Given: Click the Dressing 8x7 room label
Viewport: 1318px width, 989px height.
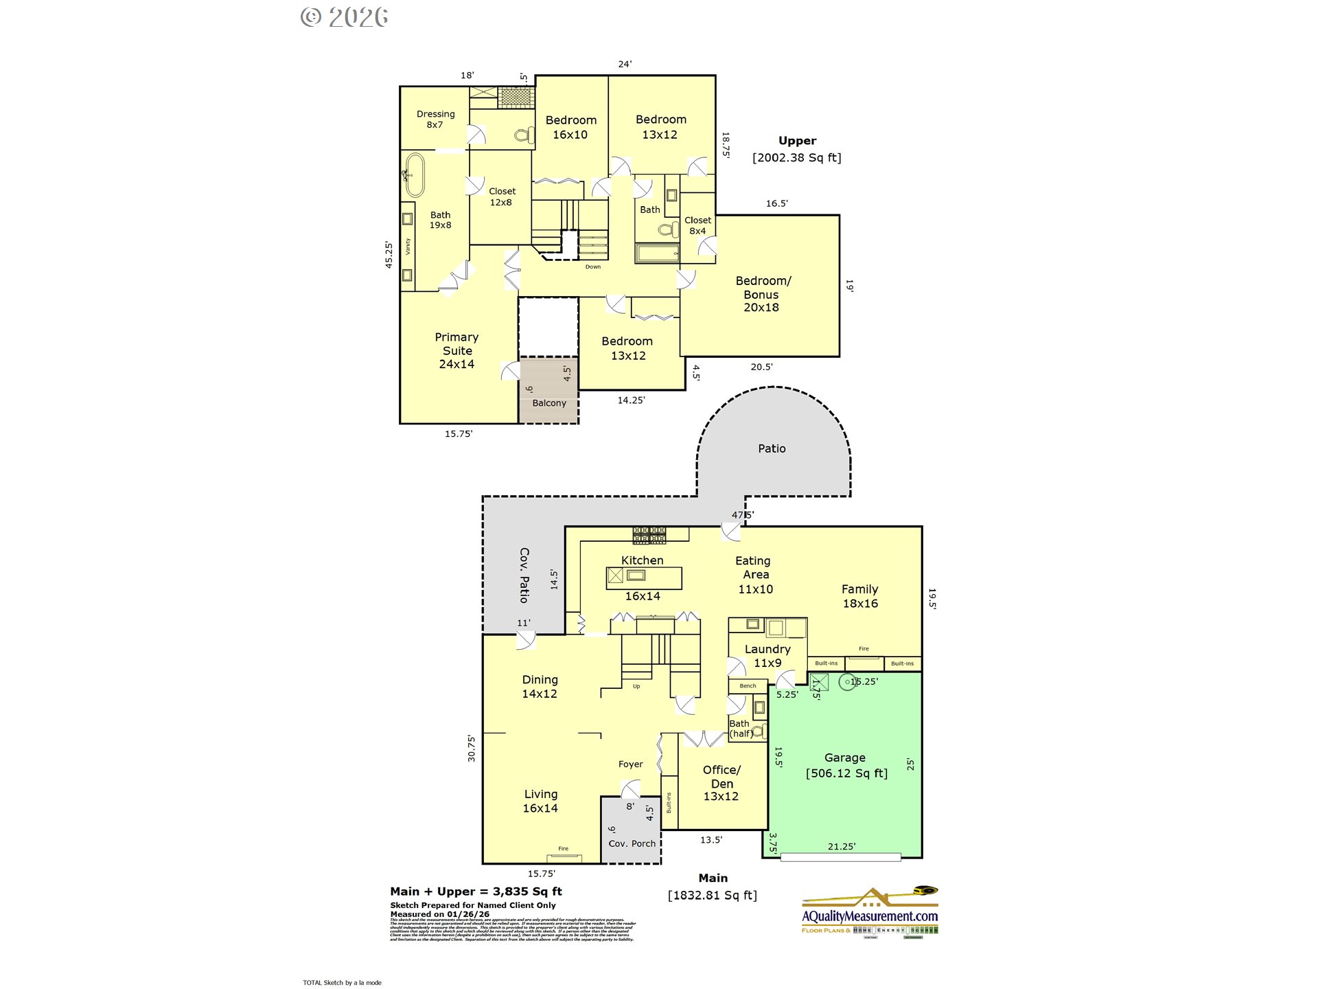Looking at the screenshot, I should pyautogui.click(x=435, y=120).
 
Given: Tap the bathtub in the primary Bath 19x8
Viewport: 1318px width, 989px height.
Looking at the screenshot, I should pyautogui.click(x=415, y=175).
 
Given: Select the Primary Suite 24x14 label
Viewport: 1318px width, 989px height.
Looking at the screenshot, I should pyautogui.click(x=456, y=350).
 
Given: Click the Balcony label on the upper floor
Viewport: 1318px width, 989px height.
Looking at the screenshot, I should pyautogui.click(x=549, y=403).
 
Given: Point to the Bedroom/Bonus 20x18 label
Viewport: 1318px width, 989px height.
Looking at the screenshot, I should pyautogui.click(x=762, y=294).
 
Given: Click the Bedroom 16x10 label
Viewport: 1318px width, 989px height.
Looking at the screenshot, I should pyautogui.click(x=570, y=127).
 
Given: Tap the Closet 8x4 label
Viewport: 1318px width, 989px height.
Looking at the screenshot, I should pyautogui.click(x=697, y=225).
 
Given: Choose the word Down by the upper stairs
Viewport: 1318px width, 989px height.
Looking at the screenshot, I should pyautogui.click(x=593, y=267).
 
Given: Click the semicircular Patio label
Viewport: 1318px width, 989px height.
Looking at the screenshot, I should pyautogui.click(x=772, y=448).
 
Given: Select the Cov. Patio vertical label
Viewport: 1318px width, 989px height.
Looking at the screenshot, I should pyautogui.click(x=524, y=575).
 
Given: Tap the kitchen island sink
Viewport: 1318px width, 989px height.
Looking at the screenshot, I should pyautogui.click(x=636, y=576).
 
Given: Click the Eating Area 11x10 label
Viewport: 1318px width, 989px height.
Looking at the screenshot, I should pyautogui.click(x=754, y=575).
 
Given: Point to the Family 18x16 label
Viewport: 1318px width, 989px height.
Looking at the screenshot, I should pyautogui.click(x=860, y=596).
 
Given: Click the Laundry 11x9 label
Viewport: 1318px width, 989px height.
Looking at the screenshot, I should pyautogui.click(x=767, y=656).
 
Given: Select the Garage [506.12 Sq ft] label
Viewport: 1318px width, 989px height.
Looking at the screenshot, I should pyautogui.click(x=846, y=765).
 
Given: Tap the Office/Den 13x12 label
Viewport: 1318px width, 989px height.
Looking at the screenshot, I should pyautogui.click(x=721, y=783).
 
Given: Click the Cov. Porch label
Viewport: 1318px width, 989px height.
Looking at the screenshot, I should pyautogui.click(x=632, y=843).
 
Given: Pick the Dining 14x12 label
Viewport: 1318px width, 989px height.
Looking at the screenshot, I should pyautogui.click(x=540, y=686).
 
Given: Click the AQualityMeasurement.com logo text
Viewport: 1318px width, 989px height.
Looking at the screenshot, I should pyautogui.click(x=870, y=916).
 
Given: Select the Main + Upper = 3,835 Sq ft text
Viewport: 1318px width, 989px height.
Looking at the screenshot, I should pyautogui.click(x=476, y=891).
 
